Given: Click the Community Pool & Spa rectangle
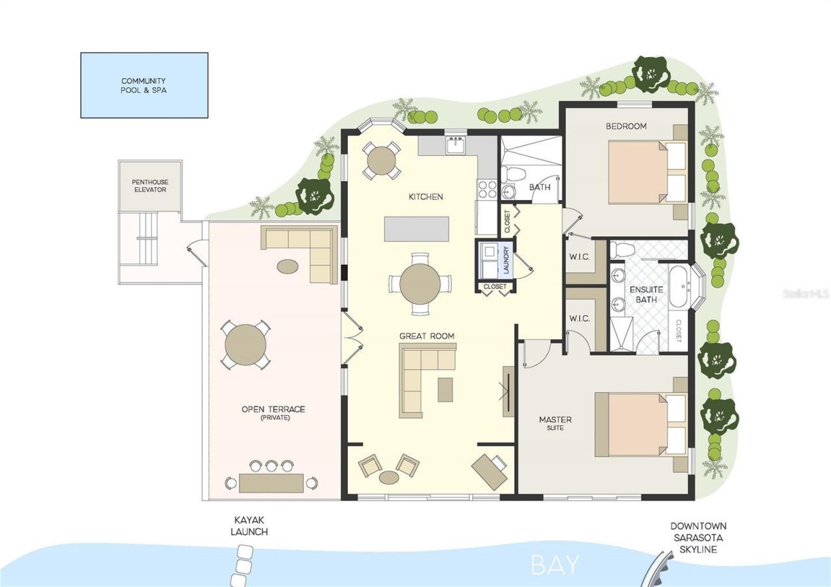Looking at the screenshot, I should click(x=143, y=85).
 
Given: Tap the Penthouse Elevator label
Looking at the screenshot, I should click(x=149, y=186).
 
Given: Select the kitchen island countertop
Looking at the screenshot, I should click(x=416, y=229).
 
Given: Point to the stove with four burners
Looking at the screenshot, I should click(x=487, y=189).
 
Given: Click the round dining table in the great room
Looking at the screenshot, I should click(x=420, y=284).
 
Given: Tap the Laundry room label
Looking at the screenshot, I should click(x=506, y=256).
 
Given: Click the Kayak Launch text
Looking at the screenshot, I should click(x=251, y=526).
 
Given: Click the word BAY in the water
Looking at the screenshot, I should click(x=554, y=564).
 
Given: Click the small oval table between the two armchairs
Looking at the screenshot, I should click(x=389, y=477).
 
